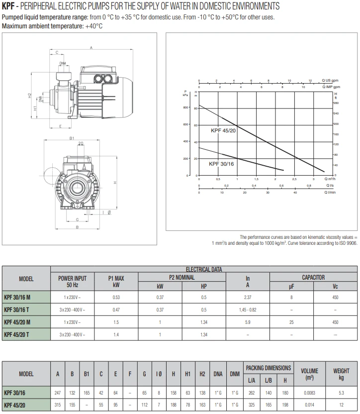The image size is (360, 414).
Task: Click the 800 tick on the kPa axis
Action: (186, 107)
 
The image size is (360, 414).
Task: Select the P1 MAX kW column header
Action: (116, 282)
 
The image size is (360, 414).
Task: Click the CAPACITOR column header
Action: (313, 278)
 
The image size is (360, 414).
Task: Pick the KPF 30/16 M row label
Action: (17, 297)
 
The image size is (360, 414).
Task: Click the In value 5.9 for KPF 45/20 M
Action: (248, 322)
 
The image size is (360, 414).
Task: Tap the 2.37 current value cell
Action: (248, 297)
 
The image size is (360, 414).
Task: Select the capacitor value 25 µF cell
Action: (291, 322)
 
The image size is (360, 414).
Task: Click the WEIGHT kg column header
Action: (341, 374)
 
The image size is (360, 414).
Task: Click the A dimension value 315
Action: (57, 405)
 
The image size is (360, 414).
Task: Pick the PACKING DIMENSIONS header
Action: (269, 368)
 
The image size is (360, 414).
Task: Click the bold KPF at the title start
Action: (8, 6)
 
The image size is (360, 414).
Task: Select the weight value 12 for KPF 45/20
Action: (341, 405)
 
